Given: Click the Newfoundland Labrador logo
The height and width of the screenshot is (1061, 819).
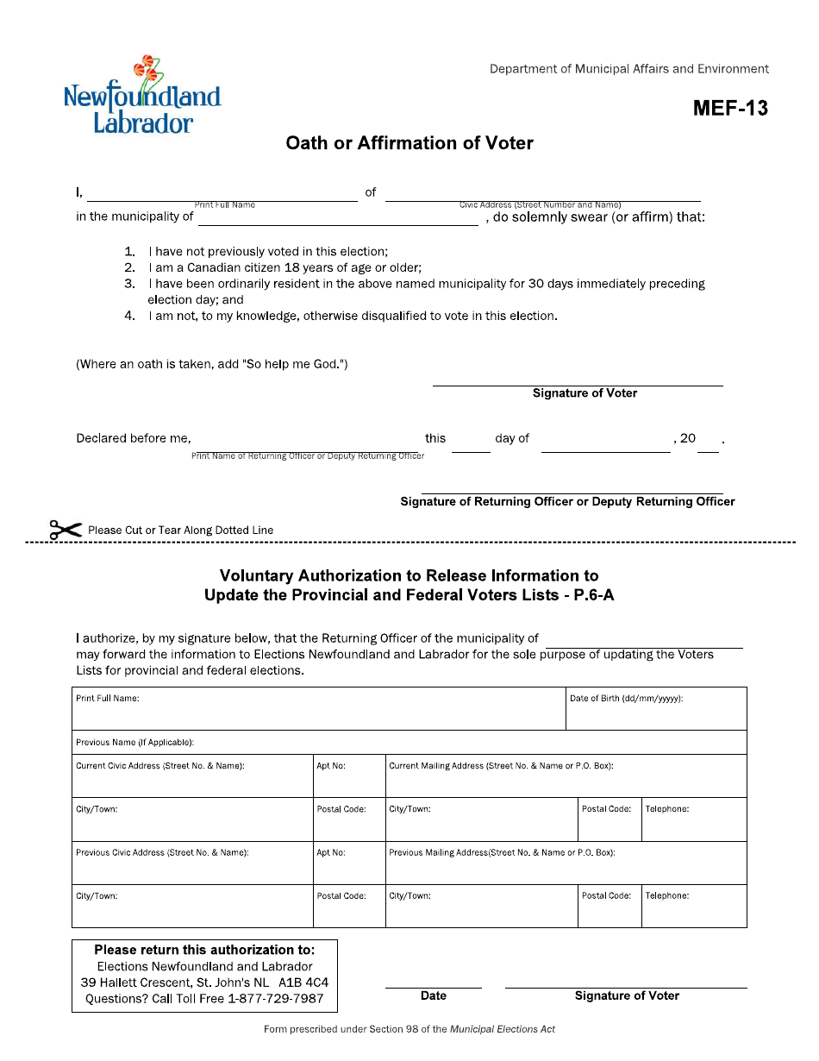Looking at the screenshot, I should (x=142, y=97).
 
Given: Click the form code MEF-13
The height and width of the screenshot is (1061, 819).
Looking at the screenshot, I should (x=729, y=109).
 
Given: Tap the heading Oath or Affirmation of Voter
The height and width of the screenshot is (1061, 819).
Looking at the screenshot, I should (x=409, y=143).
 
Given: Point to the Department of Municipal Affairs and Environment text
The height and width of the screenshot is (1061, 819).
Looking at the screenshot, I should (x=628, y=69).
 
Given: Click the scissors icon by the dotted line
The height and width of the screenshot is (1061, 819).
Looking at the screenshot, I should (x=66, y=530).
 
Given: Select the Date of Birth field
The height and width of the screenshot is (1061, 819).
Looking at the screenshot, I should (x=656, y=709).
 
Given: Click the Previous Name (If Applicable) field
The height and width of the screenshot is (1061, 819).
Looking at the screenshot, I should (x=409, y=743).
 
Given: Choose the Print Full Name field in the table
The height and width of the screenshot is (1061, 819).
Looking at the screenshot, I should (x=318, y=709).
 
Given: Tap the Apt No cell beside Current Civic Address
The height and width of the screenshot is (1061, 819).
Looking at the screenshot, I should (x=348, y=776).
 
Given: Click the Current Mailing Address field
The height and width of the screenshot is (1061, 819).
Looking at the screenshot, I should (x=566, y=776).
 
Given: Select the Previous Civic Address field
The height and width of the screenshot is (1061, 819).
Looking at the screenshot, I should (x=192, y=863).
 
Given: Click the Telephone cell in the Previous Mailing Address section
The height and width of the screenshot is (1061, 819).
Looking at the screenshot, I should (x=694, y=906).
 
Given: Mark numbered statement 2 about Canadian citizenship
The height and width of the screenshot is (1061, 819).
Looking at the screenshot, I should (x=284, y=267).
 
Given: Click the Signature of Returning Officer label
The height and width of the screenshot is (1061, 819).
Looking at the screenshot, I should (x=567, y=501).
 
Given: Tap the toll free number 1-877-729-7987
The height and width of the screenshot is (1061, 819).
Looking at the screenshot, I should (x=275, y=999).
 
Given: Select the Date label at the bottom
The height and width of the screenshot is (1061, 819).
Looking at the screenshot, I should (x=433, y=995).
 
